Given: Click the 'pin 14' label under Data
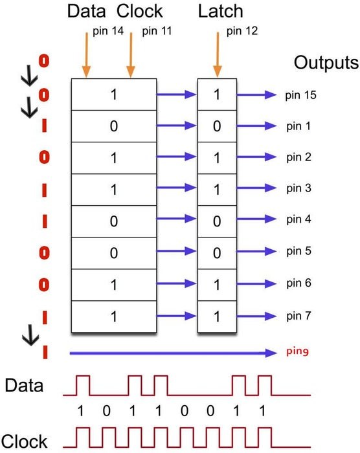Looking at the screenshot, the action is [x=108, y=31].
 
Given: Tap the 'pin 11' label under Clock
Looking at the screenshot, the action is [x=157, y=31].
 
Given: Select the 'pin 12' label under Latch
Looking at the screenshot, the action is [x=242, y=31].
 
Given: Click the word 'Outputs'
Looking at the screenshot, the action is [x=326, y=63].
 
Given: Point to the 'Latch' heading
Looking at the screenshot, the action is [x=220, y=11].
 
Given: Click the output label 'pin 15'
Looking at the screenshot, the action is [x=300, y=95].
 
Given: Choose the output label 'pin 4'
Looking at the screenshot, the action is [x=298, y=219].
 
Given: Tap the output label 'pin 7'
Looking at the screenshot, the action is [x=298, y=316].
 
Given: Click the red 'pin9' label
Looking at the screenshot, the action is [x=298, y=351].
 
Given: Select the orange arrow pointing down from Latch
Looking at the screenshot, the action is [x=218, y=55].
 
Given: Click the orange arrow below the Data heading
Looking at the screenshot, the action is [x=87, y=55].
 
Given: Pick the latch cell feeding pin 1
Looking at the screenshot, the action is [x=217, y=126].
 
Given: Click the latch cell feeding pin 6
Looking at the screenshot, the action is [x=217, y=285].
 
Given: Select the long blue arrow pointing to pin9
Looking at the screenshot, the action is [x=174, y=353].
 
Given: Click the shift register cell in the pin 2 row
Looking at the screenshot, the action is [x=114, y=158].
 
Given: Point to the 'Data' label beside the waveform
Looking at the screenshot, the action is [x=24, y=386].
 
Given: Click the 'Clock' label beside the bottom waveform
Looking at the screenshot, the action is [x=25, y=441].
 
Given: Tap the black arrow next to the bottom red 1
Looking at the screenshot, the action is [x=30, y=335].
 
